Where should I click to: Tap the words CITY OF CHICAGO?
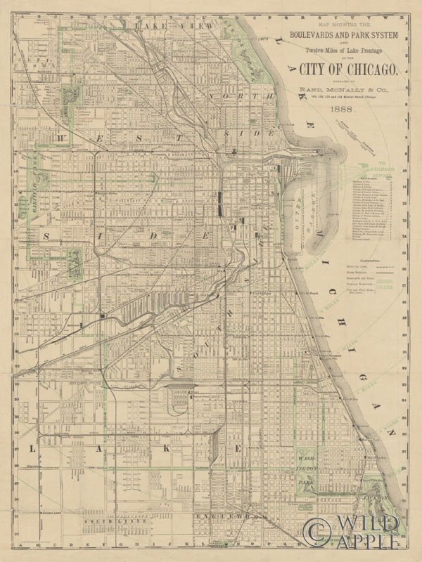click(348, 68)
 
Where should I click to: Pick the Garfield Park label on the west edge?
click(32, 190)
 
